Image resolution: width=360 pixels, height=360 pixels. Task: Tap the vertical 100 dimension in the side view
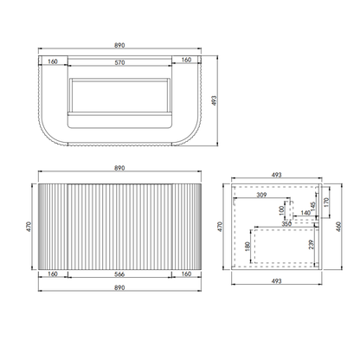click(x=281, y=210)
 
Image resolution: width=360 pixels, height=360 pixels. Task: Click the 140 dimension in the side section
click(x=305, y=212)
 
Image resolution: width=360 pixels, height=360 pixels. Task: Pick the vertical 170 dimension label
click(x=327, y=204)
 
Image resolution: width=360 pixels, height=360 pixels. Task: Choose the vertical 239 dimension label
click(x=312, y=245)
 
